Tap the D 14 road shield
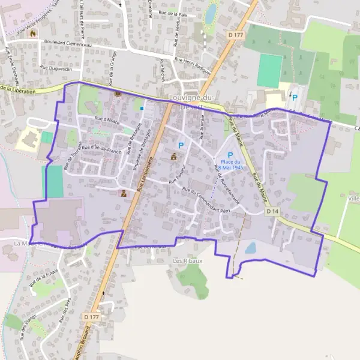click(272, 212)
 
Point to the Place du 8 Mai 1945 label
click(230, 164)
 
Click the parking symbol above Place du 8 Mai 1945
click(230, 155)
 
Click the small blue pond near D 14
click(251, 248)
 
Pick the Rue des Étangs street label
click(28, 327)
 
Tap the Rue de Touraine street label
click(62, 151)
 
